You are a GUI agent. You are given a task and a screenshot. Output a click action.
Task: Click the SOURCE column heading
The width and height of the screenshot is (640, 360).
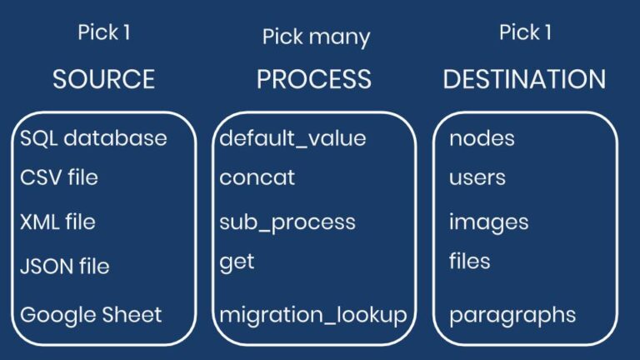[103, 79]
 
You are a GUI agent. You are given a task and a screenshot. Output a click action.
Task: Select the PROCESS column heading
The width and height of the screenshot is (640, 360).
[314, 79]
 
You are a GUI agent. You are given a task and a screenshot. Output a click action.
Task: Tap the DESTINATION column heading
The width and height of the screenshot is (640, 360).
[524, 79]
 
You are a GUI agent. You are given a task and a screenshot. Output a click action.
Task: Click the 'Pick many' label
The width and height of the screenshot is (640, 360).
[317, 37]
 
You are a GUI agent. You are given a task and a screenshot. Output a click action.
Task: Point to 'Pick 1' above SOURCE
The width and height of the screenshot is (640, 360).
[104, 32]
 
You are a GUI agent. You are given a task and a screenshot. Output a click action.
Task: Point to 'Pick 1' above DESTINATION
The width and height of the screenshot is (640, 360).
[525, 32]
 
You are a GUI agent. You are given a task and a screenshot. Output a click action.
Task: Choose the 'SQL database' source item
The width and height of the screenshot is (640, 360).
[93, 138]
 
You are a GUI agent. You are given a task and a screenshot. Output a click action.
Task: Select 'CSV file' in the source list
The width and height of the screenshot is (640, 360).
[59, 177]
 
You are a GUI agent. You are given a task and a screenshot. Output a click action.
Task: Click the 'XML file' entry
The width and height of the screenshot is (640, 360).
[57, 222]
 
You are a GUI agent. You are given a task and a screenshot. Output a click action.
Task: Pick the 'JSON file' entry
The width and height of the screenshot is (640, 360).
[65, 266]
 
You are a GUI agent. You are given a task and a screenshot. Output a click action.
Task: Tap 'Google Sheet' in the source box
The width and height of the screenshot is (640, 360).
[91, 315]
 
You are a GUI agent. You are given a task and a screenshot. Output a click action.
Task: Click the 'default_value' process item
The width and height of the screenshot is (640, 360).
[292, 138]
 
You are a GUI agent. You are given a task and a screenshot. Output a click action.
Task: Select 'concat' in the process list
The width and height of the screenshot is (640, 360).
[257, 177]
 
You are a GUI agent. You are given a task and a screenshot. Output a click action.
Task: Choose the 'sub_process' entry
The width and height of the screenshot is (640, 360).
[287, 222]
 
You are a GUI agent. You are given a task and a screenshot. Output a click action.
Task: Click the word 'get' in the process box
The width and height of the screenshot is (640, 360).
[237, 262]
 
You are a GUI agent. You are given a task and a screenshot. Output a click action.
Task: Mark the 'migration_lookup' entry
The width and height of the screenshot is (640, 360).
[313, 316]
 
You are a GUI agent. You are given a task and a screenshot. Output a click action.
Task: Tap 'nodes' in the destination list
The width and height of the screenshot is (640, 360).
[482, 138]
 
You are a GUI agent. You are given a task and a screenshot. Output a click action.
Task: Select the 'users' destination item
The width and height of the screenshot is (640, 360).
[477, 178]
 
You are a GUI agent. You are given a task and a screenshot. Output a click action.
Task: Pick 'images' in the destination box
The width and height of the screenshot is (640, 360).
[489, 222]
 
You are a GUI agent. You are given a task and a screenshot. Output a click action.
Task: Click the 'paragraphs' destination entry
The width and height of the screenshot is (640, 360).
[512, 316]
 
